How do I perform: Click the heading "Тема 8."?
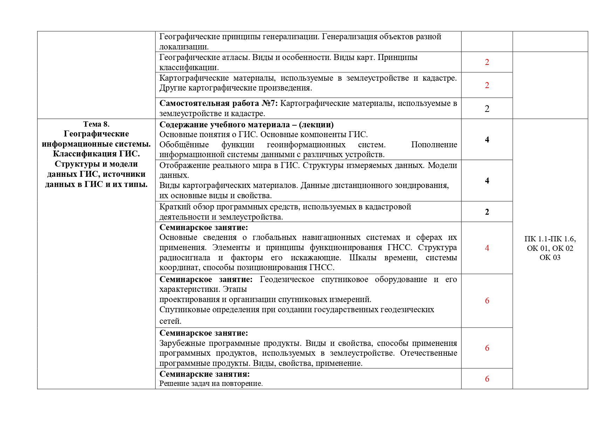[x=96, y=124]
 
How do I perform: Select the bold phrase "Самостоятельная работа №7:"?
[x=218, y=103]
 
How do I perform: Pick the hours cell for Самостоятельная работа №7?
[x=487, y=109]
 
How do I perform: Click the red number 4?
[x=487, y=248]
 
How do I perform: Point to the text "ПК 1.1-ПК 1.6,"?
[x=550, y=239]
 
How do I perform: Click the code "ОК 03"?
[x=550, y=257]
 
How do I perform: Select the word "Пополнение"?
[x=434, y=145]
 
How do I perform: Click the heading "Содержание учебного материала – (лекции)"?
[x=246, y=125]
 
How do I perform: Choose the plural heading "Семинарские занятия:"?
[x=204, y=374]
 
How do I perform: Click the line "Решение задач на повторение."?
[x=211, y=383]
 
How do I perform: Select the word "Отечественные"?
[x=428, y=353]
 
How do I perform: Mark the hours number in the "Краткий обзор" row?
[x=487, y=212]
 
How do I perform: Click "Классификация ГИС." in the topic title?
[x=96, y=154]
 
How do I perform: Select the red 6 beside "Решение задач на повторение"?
[x=487, y=379]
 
